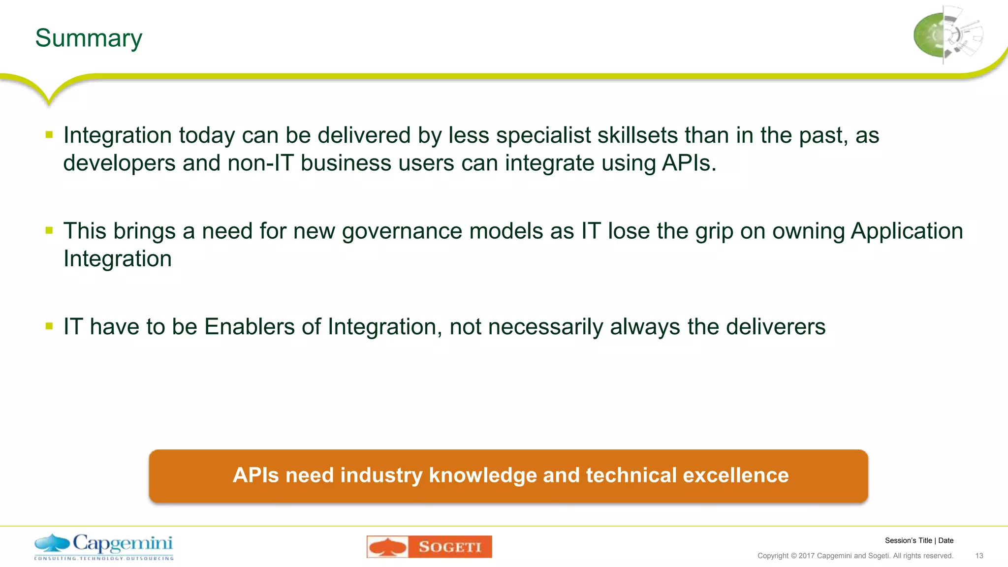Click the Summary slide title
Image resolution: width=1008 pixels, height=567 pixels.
pos(89,38)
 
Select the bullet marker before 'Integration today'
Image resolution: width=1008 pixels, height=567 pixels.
pos(49,134)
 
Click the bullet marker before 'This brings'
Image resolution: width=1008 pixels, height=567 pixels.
pos(49,230)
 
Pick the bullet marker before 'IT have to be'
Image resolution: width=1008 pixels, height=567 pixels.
pos(49,325)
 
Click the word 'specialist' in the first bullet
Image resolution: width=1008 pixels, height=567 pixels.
pos(543,135)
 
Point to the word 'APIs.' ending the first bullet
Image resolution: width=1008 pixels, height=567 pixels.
pos(689,163)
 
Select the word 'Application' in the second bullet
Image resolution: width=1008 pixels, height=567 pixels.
pos(907,231)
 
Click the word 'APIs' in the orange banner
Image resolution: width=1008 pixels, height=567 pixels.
pos(255,475)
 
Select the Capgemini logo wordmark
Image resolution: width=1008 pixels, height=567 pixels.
pos(123,543)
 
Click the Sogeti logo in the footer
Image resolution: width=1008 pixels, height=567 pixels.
pos(429,547)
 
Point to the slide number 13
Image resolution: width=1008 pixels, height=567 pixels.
pos(979,556)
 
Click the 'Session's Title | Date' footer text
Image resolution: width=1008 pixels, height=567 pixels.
pos(919,540)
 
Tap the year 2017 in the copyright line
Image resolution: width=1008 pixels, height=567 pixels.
pos(806,556)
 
